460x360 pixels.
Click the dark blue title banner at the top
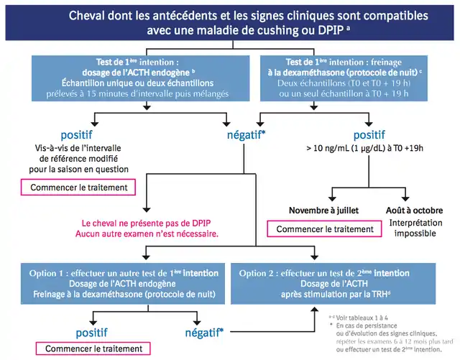(229, 23)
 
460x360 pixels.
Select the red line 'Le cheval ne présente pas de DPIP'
(151, 223)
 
